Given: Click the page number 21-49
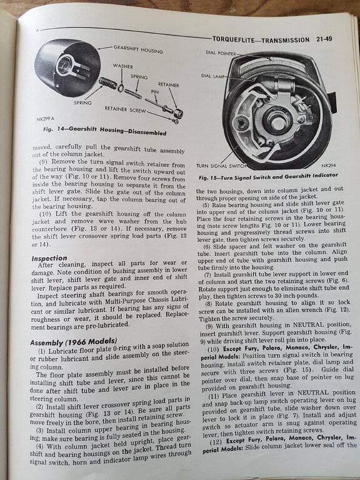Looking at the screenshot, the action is point(323,39).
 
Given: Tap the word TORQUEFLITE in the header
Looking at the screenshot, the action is point(231,39).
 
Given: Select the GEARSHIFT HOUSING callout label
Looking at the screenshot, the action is point(138,49).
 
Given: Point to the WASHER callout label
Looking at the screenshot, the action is point(122,66).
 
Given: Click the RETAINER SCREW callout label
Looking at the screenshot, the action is point(125,109).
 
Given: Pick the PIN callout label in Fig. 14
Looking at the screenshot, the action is point(154,91).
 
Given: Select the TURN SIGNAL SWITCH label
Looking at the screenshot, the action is point(222,166).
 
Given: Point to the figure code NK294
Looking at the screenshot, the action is point(329,166).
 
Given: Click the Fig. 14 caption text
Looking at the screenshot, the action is point(105,131).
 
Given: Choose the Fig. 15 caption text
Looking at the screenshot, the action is point(269,176).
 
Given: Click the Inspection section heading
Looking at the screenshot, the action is point(49,258).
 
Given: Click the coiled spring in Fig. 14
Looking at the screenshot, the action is point(108,83).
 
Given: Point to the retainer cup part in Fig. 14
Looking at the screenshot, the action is point(179,113).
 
